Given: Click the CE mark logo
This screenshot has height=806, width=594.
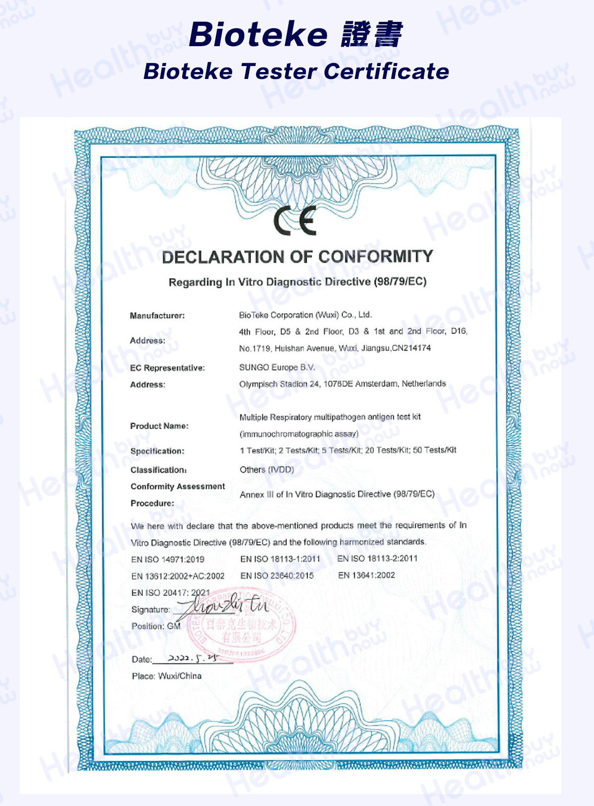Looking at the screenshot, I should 295,221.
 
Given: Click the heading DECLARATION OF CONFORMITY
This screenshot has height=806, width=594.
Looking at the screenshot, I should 297,257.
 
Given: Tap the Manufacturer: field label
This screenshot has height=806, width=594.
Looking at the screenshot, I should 157,316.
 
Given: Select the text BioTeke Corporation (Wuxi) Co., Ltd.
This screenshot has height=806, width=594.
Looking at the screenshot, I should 305,315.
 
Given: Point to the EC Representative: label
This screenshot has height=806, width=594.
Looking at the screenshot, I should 167,368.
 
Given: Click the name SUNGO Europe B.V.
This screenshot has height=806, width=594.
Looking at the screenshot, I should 277,367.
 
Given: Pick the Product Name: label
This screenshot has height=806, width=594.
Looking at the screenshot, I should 159,426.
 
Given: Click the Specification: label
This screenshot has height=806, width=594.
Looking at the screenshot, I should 157,451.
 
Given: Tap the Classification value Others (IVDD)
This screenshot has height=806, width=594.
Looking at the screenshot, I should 267,470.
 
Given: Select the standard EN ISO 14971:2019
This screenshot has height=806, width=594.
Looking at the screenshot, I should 168,559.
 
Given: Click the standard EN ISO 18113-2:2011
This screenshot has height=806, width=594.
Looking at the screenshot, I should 378,559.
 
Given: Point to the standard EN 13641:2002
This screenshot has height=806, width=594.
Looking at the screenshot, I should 367,576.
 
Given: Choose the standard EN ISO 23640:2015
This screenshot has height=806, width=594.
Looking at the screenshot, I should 277,576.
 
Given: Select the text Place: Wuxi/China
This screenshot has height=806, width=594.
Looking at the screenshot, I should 167,676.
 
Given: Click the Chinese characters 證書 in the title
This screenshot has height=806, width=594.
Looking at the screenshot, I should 372,35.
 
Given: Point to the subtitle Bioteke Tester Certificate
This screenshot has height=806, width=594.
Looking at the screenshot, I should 296,72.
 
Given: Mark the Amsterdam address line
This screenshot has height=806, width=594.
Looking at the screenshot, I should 342,384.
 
